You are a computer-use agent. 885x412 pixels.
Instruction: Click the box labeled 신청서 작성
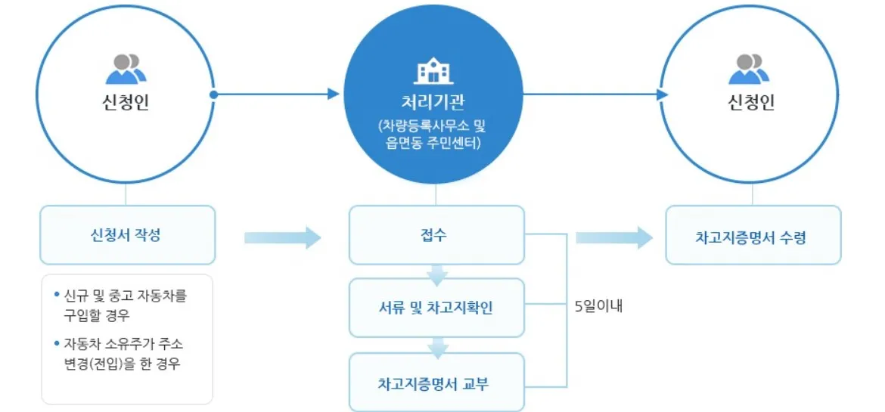tap(127, 234)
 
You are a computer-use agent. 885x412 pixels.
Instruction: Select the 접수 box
tap(436, 234)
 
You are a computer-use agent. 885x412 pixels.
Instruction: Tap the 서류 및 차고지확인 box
tap(436, 308)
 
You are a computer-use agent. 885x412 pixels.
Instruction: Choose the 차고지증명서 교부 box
tap(436, 383)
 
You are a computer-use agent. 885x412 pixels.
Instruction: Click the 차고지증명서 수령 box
tap(752, 236)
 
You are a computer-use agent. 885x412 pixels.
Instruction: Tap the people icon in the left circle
tap(126, 69)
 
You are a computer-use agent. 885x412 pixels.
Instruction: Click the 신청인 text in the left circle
tap(126, 104)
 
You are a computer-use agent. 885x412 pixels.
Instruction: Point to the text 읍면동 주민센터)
tap(434, 141)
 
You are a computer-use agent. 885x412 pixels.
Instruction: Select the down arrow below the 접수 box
tap(437, 274)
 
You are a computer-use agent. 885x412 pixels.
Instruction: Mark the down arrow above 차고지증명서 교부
tap(437, 348)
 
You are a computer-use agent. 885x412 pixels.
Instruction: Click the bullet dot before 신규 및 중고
tap(57, 292)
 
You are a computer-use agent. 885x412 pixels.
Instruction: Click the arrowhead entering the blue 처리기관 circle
tap(334, 94)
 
